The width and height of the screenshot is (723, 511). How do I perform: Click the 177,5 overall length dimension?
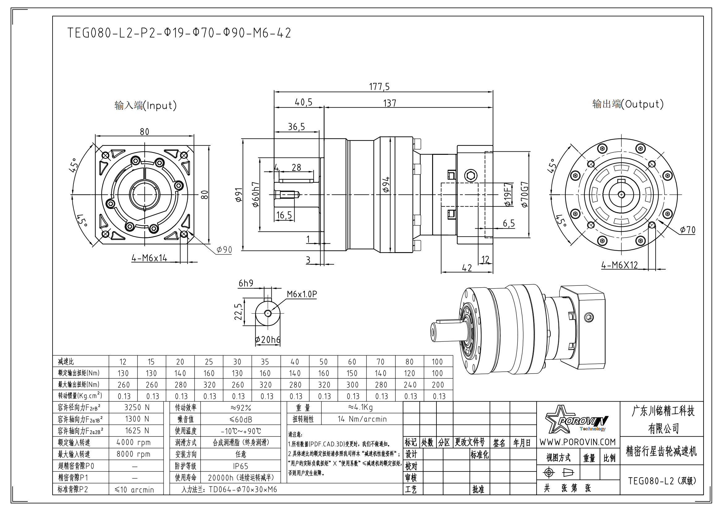pos(379,87)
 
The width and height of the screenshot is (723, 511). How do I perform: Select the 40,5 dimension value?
pos(304,102)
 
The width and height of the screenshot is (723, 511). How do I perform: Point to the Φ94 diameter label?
pos(386,184)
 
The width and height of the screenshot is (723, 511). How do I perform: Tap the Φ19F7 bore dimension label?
pos(507,194)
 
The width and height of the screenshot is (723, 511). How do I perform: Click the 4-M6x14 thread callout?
pos(149,258)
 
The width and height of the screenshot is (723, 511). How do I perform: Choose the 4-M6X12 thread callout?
pos(619,265)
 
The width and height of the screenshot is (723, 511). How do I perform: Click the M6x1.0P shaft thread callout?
pos(302,294)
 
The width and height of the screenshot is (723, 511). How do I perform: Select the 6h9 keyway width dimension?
pos(246,284)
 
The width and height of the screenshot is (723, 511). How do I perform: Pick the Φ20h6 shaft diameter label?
pos(268,340)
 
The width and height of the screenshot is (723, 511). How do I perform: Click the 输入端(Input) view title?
pos(146,105)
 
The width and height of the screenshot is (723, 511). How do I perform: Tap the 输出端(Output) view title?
pos(628,104)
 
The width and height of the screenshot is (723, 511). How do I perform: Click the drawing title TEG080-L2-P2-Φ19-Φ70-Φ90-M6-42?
pos(179,33)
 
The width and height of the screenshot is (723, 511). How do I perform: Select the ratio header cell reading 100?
pos(437,362)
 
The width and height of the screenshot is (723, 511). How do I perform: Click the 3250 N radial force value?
pos(137,408)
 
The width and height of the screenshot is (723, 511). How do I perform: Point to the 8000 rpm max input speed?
pos(134,454)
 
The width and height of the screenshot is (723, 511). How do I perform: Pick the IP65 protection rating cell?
pos(240,466)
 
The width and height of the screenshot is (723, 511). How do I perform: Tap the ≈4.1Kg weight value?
pos(360,408)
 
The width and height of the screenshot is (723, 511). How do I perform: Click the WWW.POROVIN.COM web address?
pos(577,442)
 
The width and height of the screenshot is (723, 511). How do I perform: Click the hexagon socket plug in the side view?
pos(471,175)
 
